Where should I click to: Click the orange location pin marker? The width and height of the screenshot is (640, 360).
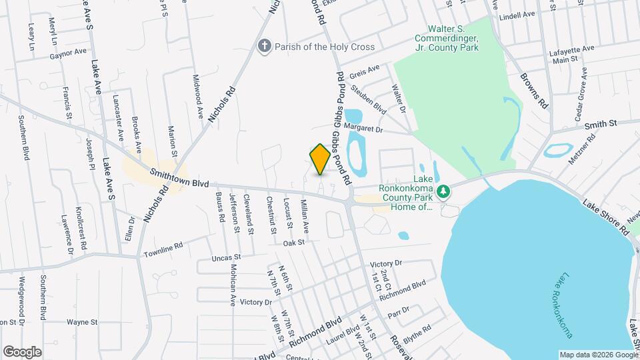(x=320, y=159)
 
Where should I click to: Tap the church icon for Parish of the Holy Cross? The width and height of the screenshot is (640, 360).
(x=264, y=47)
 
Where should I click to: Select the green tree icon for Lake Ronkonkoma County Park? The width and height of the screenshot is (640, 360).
(x=443, y=193)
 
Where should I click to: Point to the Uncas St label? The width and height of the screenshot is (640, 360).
(x=225, y=257)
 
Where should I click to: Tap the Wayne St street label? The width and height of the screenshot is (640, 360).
(x=83, y=322)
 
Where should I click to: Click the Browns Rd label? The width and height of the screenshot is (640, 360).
(x=535, y=91)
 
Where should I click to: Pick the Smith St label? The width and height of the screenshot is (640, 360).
(x=601, y=124)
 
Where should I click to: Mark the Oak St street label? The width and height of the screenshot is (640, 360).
(x=293, y=243)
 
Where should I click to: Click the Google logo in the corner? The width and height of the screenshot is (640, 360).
(x=22, y=351)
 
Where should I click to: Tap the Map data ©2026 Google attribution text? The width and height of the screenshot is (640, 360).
(x=598, y=354)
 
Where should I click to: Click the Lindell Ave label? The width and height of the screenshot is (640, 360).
(x=517, y=15)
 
